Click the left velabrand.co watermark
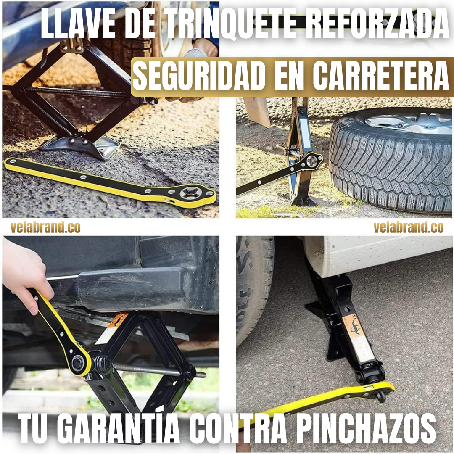(x=45, y=227)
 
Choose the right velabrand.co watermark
(x=409, y=227)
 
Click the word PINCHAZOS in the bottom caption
(x=366, y=428)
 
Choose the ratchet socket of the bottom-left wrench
(x=78, y=362)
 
